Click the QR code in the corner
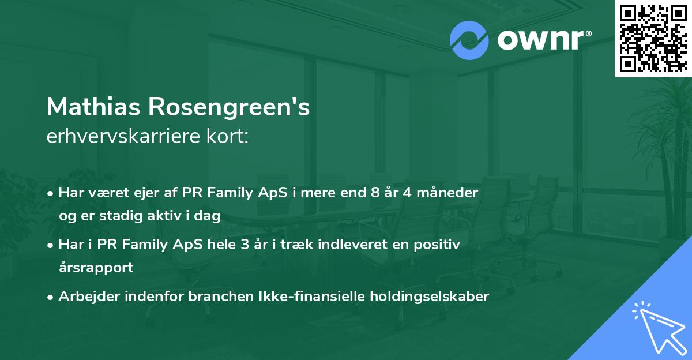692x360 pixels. click(x=653, y=38)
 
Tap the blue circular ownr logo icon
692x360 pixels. click(x=469, y=40)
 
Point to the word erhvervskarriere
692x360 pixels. click(x=122, y=137)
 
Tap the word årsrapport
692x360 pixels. click(x=96, y=268)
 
